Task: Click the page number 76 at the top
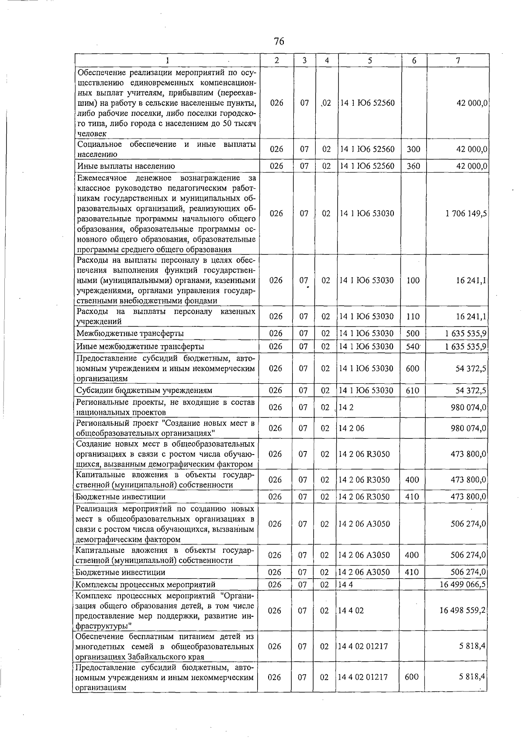point(279,42)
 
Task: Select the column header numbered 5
point(369,61)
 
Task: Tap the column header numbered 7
point(458,61)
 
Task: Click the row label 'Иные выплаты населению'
point(126,166)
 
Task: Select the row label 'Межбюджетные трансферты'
point(130,333)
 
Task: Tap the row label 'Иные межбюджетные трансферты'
point(140,347)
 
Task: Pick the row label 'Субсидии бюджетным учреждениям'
point(144,390)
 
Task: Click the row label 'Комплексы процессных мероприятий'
point(145,584)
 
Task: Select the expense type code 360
point(413,166)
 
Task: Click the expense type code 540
point(413,347)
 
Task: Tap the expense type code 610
point(412,390)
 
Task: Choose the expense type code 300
point(413,149)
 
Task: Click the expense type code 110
point(413,316)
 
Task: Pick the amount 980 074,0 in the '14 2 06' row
point(468,428)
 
